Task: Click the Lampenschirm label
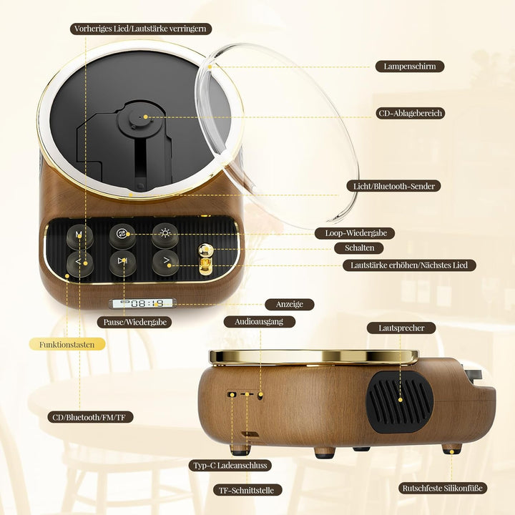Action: coord(410,67)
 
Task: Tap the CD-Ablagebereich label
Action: coord(411,113)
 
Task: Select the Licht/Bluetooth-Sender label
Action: coord(393,186)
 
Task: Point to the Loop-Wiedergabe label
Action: coord(355,233)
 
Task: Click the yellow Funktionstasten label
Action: coord(67,345)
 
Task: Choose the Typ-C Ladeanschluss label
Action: coord(230,466)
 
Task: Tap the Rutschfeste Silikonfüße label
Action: coord(443,488)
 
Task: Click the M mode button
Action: coord(79,236)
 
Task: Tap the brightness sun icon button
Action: coord(165,235)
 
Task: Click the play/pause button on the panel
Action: coord(122,262)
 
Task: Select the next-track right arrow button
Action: coord(165,262)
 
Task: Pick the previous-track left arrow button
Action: coord(79,263)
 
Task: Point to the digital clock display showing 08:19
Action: coord(142,303)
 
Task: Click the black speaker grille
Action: coord(399,401)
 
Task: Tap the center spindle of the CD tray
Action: coord(141,117)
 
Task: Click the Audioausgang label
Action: coord(259,322)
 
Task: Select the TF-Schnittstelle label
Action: coord(246,491)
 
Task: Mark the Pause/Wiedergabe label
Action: coord(134,322)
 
